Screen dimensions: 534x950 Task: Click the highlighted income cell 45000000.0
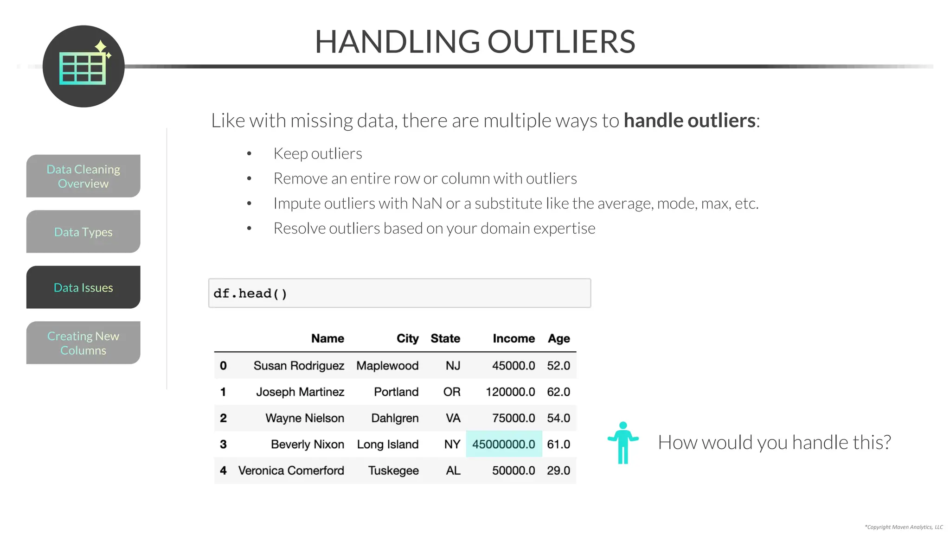tap(504, 444)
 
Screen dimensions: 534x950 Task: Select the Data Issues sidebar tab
tap(83, 287)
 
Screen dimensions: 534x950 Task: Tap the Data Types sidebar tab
tap(83, 232)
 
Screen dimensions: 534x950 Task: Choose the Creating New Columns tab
tap(83, 343)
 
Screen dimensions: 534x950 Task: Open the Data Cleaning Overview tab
tap(83, 176)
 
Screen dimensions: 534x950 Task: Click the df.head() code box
tap(399, 293)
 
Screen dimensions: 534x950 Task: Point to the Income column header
tap(514, 338)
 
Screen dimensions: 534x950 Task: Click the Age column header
tap(558, 338)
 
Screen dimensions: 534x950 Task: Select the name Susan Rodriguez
tap(299, 366)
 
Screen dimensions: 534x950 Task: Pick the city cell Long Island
tap(388, 444)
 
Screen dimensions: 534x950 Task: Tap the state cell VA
tap(453, 418)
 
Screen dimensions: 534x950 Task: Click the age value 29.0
tap(558, 470)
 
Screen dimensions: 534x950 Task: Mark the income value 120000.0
tap(510, 392)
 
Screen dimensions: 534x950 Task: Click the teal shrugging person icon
tap(623, 443)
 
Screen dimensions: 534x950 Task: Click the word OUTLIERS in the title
tap(561, 42)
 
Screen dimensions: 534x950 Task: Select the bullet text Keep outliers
tap(318, 153)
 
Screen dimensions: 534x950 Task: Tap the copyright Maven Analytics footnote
tap(904, 527)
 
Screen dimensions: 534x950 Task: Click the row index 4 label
tap(223, 470)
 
